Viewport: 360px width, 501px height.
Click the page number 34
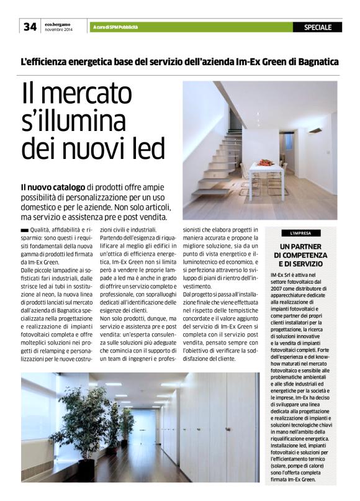[x=30, y=26]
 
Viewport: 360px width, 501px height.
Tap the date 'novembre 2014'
[x=58, y=29]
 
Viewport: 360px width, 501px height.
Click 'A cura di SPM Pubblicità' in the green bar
[x=115, y=27]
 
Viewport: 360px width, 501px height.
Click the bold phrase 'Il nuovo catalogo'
[x=53, y=187]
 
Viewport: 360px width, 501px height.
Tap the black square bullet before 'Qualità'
[x=25, y=231]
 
